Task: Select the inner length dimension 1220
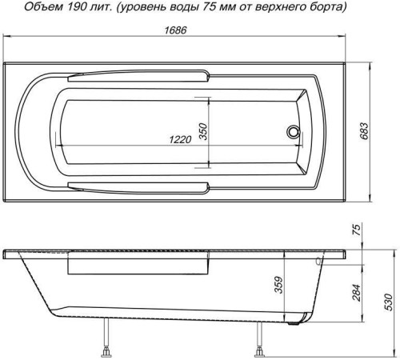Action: click(181, 138)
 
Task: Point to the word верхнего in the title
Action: click(273, 9)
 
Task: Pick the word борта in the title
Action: click(324, 9)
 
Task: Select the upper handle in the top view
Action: click(139, 78)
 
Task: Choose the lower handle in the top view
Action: click(139, 187)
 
